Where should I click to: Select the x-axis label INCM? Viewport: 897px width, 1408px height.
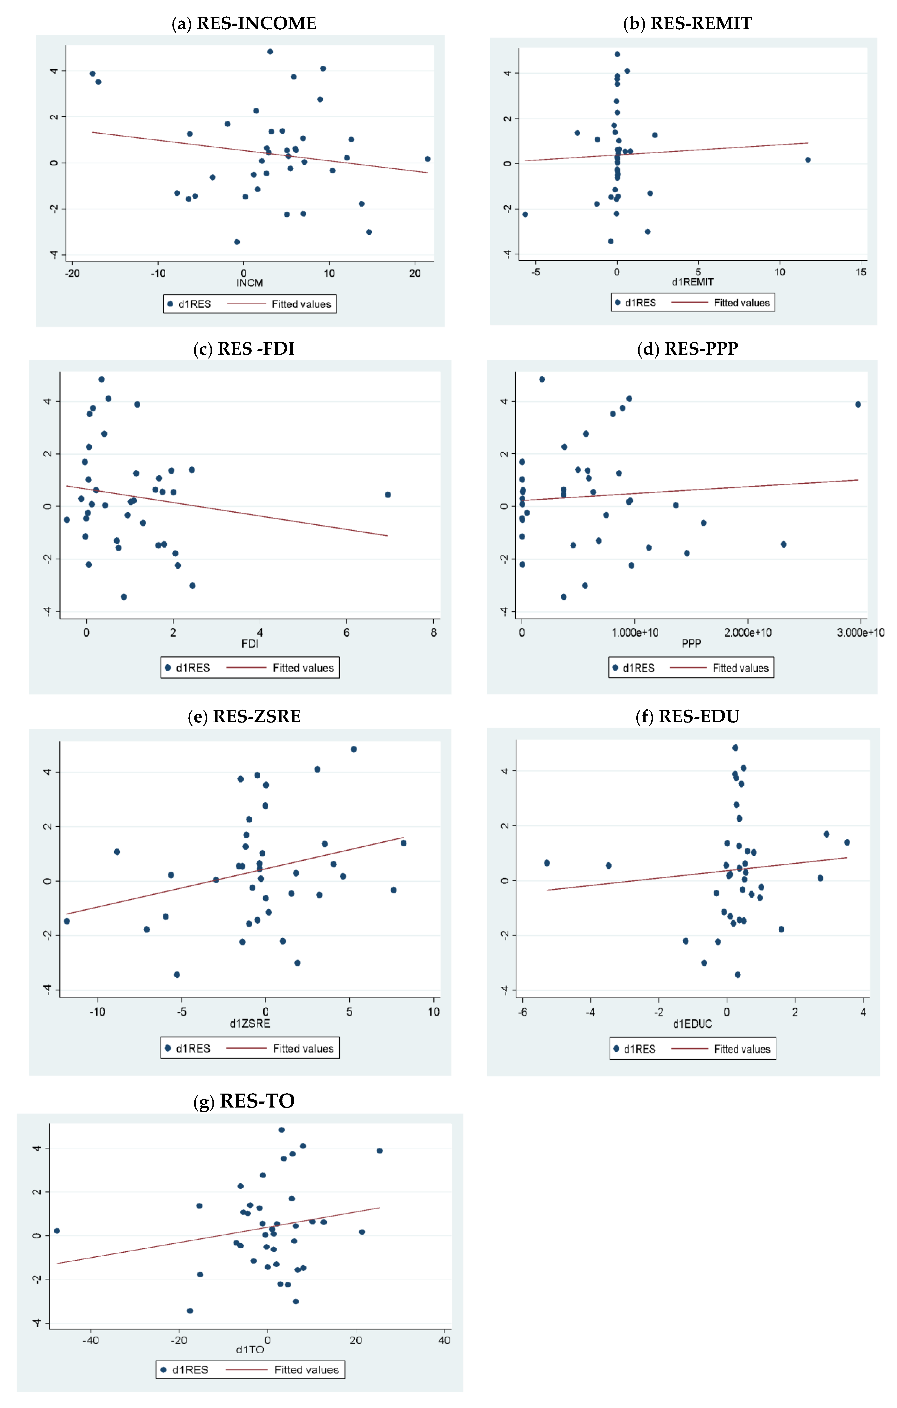click(250, 283)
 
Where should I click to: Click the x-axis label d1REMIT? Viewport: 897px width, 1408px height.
click(692, 282)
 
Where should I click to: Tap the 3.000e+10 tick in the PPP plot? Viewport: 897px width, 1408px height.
click(860, 633)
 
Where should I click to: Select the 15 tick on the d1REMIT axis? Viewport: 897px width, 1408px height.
click(861, 272)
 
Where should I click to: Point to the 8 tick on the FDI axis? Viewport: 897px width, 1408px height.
click(434, 633)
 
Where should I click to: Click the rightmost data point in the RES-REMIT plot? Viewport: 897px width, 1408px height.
click(807, 160)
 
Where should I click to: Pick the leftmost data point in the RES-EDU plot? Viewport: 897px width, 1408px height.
click(547, 863)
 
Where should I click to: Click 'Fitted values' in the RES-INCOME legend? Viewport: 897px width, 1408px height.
click(301, 304)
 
